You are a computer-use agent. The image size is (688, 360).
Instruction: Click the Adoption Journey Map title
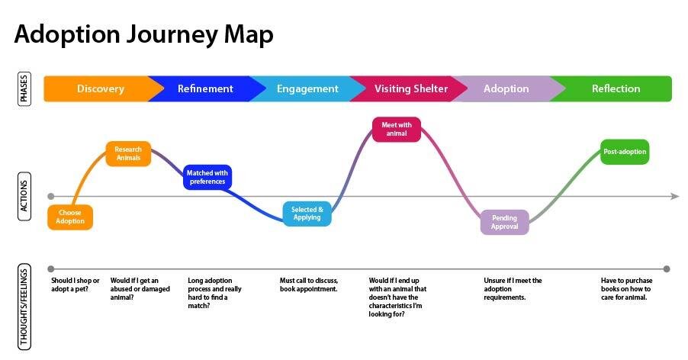point(143,34)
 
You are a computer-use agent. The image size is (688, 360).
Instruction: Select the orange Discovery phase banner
point(99,88)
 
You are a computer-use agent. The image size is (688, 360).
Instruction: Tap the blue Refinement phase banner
point(204,88)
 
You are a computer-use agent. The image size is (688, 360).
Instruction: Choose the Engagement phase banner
point(307,88)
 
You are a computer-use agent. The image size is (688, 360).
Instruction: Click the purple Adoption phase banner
point(506,88)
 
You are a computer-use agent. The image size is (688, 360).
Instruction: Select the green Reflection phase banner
point(616,88)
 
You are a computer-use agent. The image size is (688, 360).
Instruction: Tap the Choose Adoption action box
point(69,217)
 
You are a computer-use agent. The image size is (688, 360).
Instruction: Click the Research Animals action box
point(128,153)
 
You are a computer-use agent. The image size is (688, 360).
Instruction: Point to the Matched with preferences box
point(207,177)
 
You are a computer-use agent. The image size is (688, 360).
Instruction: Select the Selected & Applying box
point(307,214)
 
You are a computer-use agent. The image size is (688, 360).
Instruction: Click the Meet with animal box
point(396,129)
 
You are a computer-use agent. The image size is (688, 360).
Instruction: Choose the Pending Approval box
point(504,222)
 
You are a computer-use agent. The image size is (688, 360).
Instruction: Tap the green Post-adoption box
point(625,152)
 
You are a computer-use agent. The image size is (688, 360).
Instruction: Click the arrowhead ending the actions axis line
point(674,197)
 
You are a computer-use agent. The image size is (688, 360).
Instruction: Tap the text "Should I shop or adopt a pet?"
point(75,284)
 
